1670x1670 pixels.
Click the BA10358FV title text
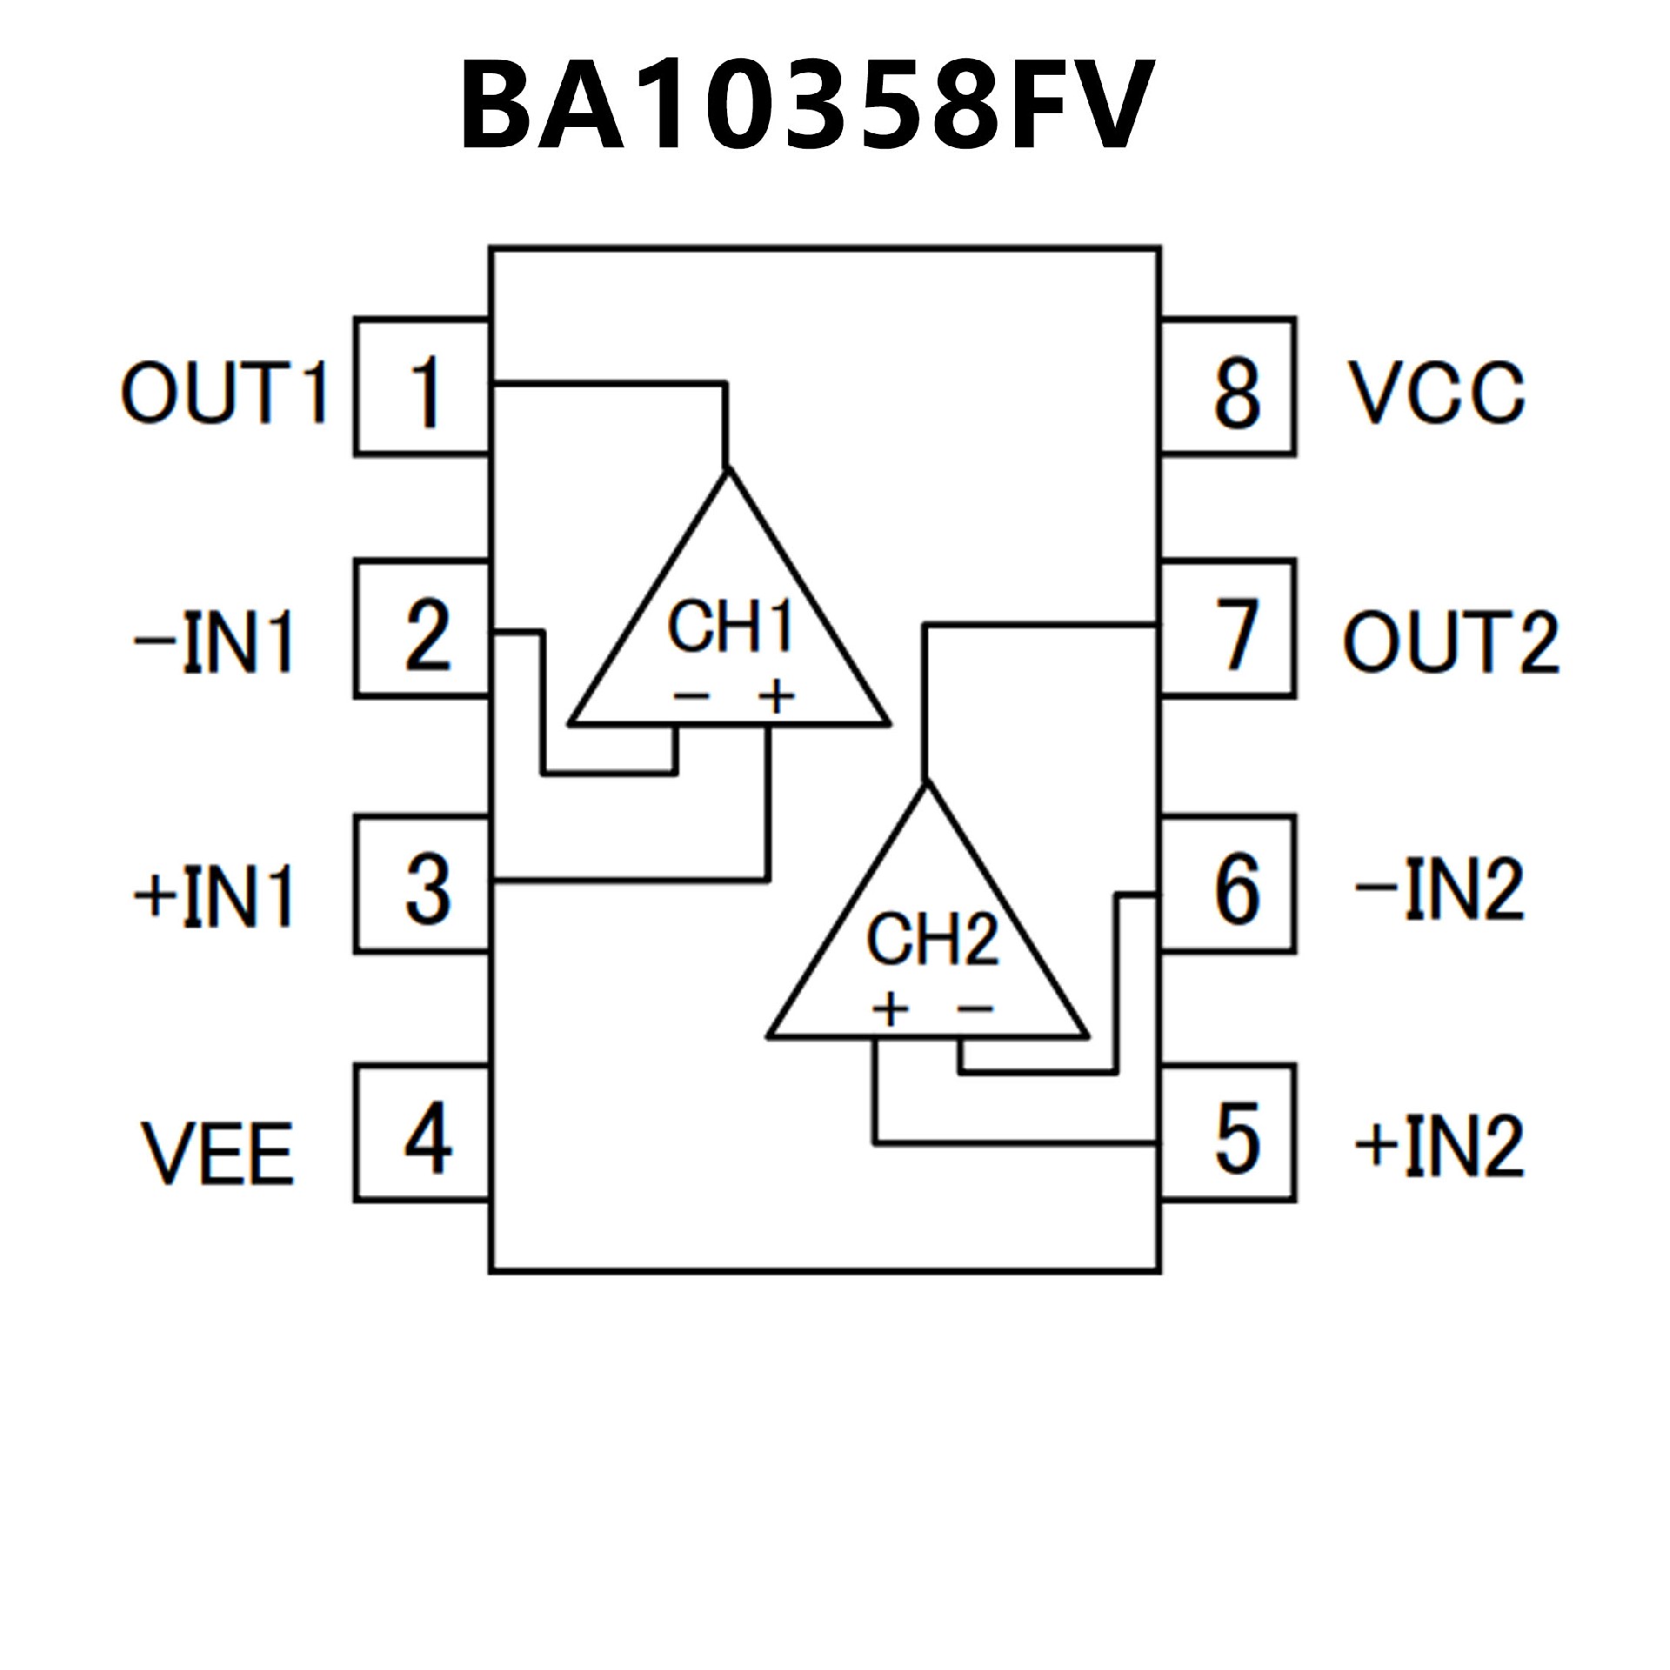(x=805, y=106)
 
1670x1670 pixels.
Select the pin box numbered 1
(x=423, y=388)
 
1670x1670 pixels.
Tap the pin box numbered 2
(x=423, y=631)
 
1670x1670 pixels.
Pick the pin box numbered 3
(x=423, y=885)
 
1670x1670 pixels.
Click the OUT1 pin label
(x=224, y=393)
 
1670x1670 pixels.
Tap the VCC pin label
(x=1435, y=393)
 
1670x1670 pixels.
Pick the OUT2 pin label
(x=1451, y=642)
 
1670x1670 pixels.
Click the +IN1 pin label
(x=214, y=896)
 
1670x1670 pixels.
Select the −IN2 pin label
(x=1439, y=889)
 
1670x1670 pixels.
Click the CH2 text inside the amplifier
(x=932, y=939)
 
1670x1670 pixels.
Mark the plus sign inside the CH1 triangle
(x=776, y=697)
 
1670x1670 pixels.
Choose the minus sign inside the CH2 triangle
(x=975, y=1009)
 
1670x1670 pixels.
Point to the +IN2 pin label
(x=1439, y=1145)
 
